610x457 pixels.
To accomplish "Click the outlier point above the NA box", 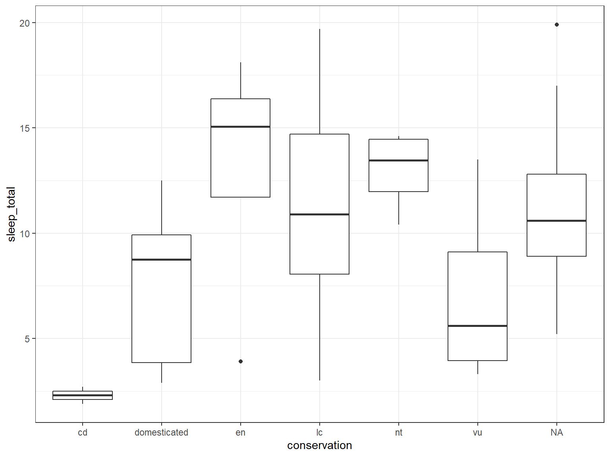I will [556, 25].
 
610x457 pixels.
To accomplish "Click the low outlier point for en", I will [240, 361].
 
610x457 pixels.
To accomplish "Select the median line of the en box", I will [240, 127].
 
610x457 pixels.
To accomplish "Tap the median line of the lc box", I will [319, 214].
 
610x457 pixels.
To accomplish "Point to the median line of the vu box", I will [477, 326].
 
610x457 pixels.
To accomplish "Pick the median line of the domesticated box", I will [161, 259].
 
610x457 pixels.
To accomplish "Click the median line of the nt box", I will [398, 160].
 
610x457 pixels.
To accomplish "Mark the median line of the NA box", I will [556, 221].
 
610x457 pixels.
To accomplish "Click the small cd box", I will [83, 395].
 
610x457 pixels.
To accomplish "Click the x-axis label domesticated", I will [161, 432].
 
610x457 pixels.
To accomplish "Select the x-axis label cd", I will [83, 432].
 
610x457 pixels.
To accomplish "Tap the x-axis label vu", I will [477, 432].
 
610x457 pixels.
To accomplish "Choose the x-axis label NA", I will [556, 432].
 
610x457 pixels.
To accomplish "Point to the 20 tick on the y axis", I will [25, 23].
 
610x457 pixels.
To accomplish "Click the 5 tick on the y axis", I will [27, 339].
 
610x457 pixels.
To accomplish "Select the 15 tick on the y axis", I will [25, 128].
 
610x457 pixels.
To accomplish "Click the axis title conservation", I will [319, 445].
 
